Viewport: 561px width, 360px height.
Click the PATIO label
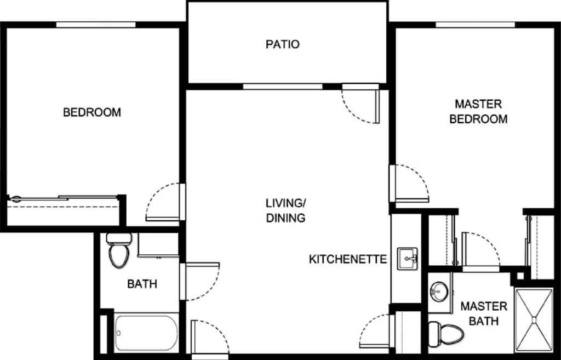pos(282,44)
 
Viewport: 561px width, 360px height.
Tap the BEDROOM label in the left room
pos(92,112)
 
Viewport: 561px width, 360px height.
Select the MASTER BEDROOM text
pos(478,111)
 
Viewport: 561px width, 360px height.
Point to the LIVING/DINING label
pos(285,210)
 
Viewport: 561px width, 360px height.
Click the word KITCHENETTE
pos(348,259)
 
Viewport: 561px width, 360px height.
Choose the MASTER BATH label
pos(484,313)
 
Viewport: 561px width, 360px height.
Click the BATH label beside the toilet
pos(142,284)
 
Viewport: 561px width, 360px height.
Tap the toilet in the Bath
pos(119,250)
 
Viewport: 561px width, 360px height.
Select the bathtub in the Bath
pos(146,333)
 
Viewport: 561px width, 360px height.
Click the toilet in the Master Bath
pos(446,333)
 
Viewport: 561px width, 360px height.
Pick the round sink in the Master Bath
pos(439,289)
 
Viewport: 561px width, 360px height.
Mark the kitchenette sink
pos(408,259)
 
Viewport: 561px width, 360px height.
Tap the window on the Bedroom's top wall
pos(96,25)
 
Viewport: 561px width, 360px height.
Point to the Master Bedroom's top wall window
pos(475,25)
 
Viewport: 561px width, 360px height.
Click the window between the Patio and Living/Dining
pos(283,87)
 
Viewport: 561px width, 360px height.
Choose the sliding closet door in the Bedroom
pos(63,198)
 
